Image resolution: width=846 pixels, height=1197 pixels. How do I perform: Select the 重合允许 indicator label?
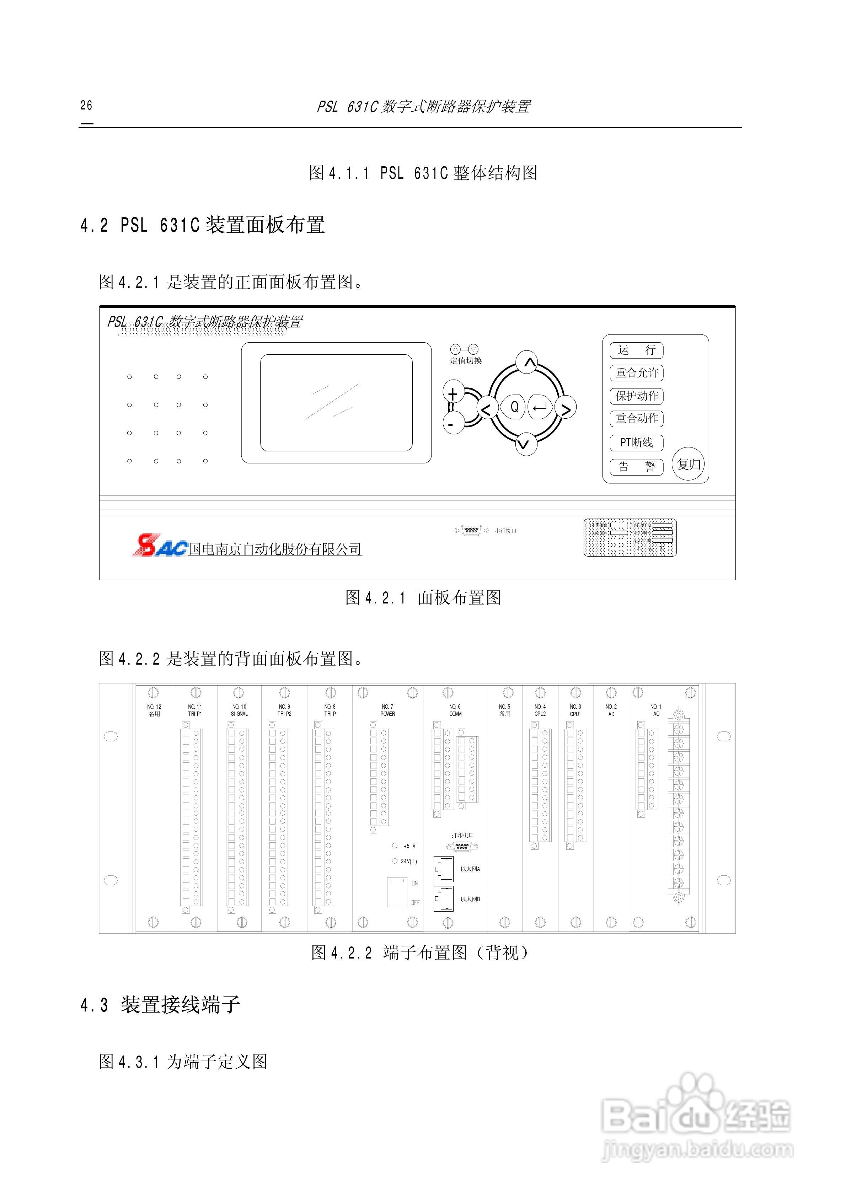click(x=636, y=373)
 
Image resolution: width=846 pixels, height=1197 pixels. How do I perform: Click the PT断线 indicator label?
click(x=636, y=442)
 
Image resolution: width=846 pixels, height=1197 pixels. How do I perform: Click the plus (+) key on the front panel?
click(x=453, y=394)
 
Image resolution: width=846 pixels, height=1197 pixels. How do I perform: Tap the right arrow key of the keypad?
click(x=566, y=408)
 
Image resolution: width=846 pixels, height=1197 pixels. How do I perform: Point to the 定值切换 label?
click(x=466, y=361)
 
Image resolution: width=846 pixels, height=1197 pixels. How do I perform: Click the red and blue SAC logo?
click(x=160, y=545)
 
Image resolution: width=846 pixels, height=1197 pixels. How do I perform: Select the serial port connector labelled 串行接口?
click(x=471, y=530)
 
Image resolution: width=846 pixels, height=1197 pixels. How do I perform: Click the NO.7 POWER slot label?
click(x=387, y=710)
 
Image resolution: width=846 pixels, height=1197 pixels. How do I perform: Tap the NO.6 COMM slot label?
click(x=455, y=710)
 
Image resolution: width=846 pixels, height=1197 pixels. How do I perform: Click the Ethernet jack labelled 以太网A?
click(x=443, y=869)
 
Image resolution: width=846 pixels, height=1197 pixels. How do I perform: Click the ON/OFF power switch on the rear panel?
click(x=397, y=892)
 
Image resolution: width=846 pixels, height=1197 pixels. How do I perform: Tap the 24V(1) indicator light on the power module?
click(x=395, y=861)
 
